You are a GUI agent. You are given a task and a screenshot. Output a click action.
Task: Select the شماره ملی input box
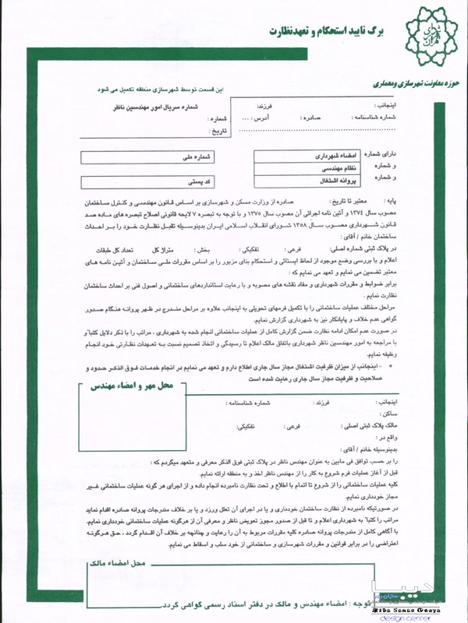coord(148,157)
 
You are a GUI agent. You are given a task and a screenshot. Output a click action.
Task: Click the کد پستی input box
coord(148,180)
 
